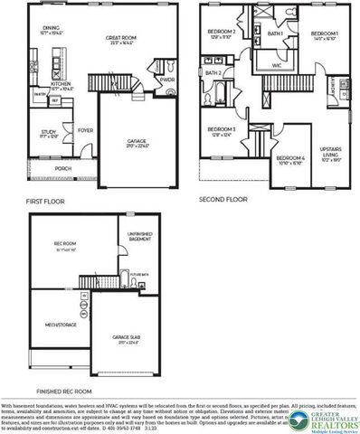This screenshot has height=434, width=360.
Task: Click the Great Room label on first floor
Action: (x=120, y=38)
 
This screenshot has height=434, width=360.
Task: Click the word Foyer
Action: (x=86, y=129)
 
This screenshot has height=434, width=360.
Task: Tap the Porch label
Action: (x=62, y=167)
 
